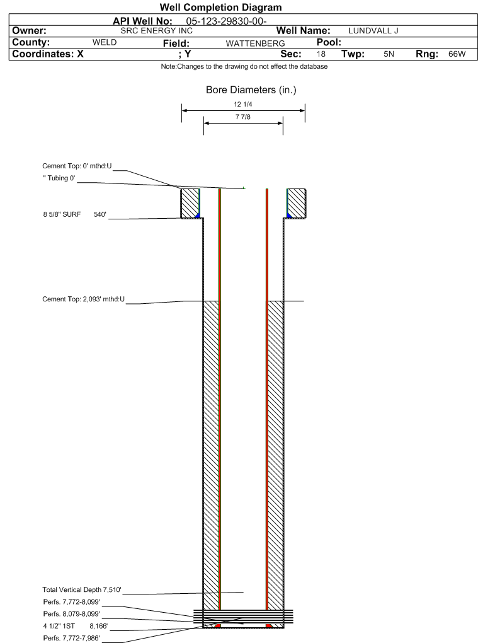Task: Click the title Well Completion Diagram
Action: [x=221, y=8]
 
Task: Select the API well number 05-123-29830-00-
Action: [x=226, y=21]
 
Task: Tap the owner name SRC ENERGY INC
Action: [x=156, y=31]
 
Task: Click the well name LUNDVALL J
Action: [x=373, y=31]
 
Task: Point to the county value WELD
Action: [x=105, y=42]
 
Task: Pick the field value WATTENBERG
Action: [x=255, y=43]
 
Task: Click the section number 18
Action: [x=321, y=54]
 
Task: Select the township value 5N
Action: [x=389, y=54]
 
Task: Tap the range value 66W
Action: [x=457, y=54]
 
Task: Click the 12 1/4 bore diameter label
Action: [x=243, y=105]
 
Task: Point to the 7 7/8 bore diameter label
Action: [x=243, y=117]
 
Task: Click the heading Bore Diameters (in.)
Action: [x=251, y=90]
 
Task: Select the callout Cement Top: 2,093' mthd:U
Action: [x=83, y=299]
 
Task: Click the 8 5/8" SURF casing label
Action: [x=62, y=214]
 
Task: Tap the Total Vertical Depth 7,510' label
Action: [x=82, y=589]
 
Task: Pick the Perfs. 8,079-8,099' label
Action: [x=72, y=614]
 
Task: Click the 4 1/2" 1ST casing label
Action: [x=59, y=626]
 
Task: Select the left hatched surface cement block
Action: [x=190, y=204]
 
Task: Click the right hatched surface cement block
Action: [x=296, y=204]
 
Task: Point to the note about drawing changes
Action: [x=244, y=66]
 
